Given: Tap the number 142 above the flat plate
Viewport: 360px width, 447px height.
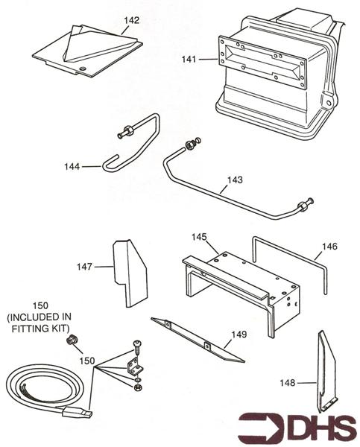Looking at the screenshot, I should [131, 20].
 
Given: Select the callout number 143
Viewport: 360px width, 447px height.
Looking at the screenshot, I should [235, 180].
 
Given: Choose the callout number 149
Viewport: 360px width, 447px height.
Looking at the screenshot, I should [238, 335].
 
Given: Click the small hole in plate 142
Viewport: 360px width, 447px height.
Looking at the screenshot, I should [82, 69].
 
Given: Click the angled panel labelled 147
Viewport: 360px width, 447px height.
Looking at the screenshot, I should [131, 271].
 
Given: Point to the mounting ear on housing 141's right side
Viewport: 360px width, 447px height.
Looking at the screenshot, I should [326, 101].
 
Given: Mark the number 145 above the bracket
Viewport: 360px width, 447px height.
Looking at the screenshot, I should [199, 237].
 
